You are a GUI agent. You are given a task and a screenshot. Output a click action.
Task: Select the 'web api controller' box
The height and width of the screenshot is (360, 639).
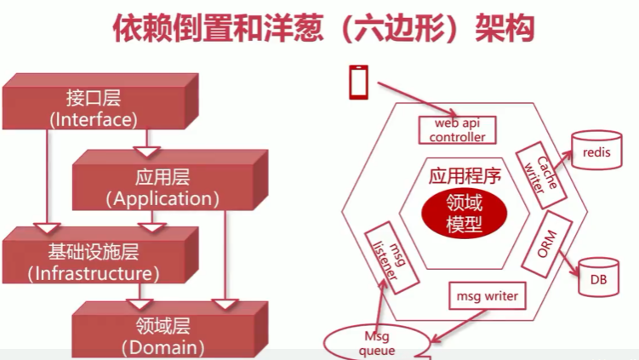pos(457,129)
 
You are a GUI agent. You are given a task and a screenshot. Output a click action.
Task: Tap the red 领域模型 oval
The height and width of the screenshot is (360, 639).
pos(463,213)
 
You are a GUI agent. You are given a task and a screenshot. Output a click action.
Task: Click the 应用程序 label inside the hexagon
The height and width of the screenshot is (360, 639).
pos(464,176)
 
